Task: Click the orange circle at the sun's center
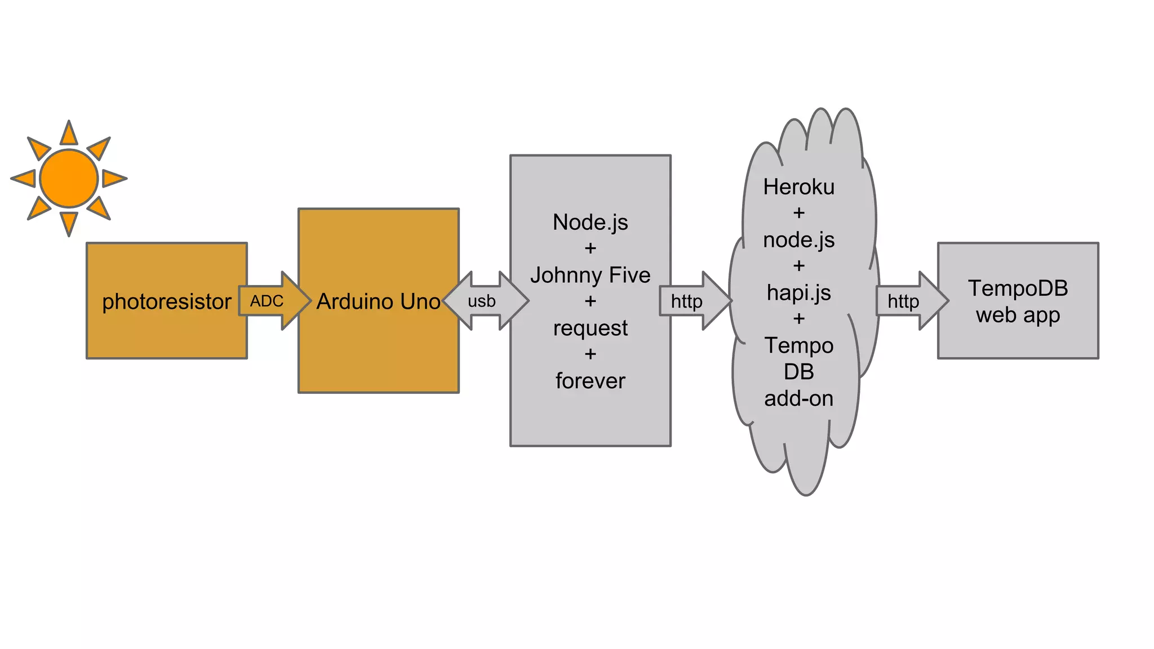[x=69, y=178]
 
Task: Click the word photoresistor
[x=166, y=301]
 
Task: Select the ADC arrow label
[x=267, y=301]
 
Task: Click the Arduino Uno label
[x=378, y=301]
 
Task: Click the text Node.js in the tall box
[x=590, y=222]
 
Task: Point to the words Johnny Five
[x=590, y=275]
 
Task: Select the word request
[x=590, y=328]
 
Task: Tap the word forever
[x=590, y=381]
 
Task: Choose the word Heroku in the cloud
[x=798, y=187]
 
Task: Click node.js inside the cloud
[x=798, y=240]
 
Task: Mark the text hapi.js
[x=798, y=293]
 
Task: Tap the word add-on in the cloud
[x=798, y=398]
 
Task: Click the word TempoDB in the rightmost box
[x=1018, y=288]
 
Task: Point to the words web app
[x=1018, y=315]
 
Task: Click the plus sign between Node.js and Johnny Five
[x=590, y=248]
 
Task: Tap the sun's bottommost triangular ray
[x=69, y=223]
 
